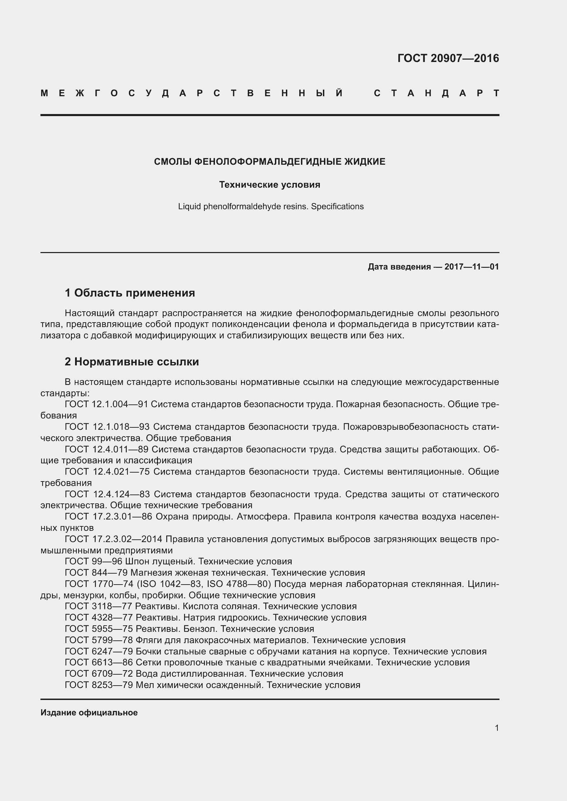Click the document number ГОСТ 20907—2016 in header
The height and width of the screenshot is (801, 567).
pos(448,58)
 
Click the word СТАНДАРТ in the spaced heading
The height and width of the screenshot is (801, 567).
pos(436,93)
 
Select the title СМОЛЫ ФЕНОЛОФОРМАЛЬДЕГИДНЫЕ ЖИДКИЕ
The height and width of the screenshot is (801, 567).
pos(269,162)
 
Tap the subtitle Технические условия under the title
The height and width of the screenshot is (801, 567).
pos(269,185)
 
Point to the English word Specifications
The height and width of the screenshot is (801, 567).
pos(337,206)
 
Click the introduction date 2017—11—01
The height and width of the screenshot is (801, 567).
pos(471,267)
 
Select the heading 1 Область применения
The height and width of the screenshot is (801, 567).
pos(130,293)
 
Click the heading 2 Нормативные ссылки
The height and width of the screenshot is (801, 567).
pos(132,362)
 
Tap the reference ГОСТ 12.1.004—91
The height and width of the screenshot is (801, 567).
pos(107,404)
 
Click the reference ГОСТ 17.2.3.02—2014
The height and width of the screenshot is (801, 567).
pos(113,539)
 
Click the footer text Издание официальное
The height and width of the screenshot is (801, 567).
pos(89,713)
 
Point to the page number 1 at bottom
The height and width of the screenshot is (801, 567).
pos(497,728)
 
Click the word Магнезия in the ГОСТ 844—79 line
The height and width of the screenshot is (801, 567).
pos(153,573)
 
